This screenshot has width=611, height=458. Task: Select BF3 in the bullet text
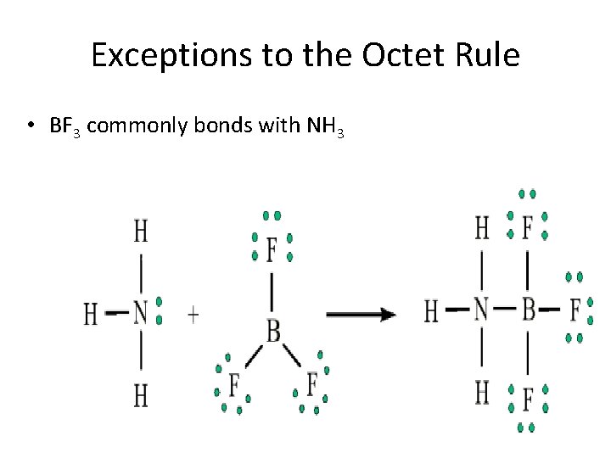click(x=65, y=127)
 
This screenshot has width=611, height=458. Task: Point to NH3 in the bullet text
click(x=325, y=127)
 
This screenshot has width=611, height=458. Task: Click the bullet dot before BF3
click(x=30, y=127)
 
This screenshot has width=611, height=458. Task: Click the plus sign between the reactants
click(x=193, y=316)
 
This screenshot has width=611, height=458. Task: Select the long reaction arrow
click(x=361, y=315)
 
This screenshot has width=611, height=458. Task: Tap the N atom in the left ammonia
click(x=141, y=315)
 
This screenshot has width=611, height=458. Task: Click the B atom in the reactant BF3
click(x=273, y=330)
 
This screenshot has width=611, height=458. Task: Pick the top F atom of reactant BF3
click(x=272, y=251)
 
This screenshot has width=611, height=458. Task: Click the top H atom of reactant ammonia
click(x=141, y=231)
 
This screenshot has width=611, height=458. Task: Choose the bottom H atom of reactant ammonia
click(x=141, y=394)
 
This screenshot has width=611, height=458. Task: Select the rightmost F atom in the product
click(x=575, y=310)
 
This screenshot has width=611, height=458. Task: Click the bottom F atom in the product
click(x=527, y=397)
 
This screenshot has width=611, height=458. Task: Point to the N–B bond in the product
click(x=505, y=310)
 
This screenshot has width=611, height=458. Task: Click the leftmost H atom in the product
click(x=431, y=311)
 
